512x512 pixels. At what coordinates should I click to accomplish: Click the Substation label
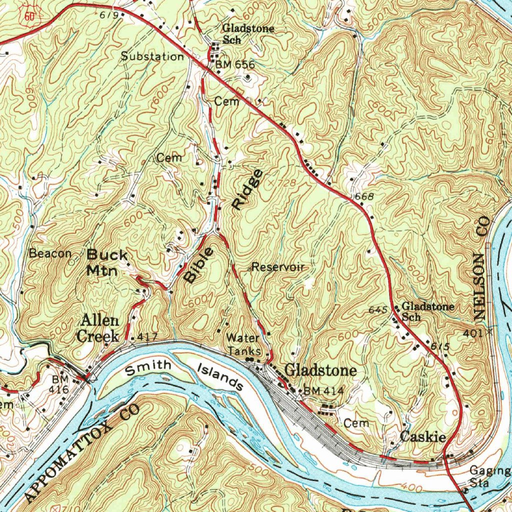pos(153,56)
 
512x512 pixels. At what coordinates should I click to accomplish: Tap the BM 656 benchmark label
pos(235,64)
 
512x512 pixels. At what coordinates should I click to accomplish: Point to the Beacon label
pos(50,253)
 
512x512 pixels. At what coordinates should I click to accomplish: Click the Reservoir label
pos(278,267)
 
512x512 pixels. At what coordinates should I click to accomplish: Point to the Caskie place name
pos(423,437)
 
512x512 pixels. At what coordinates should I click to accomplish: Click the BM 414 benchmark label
pos(323,390)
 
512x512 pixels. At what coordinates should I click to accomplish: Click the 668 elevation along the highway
pos(364,197)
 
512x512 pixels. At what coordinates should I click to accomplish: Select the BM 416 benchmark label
pos(59,383)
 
